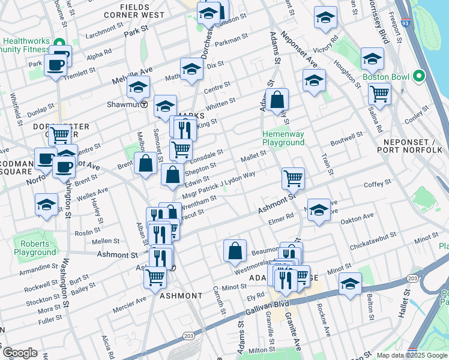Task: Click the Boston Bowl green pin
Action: tap(419, 76)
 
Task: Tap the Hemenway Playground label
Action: tap(283, 138)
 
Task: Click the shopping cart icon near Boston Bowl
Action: tap(379, 94)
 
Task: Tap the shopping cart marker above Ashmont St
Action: tap(293, 177)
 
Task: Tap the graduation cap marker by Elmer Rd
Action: tap(319, 210)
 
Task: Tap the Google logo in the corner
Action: tap(20, 352)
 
